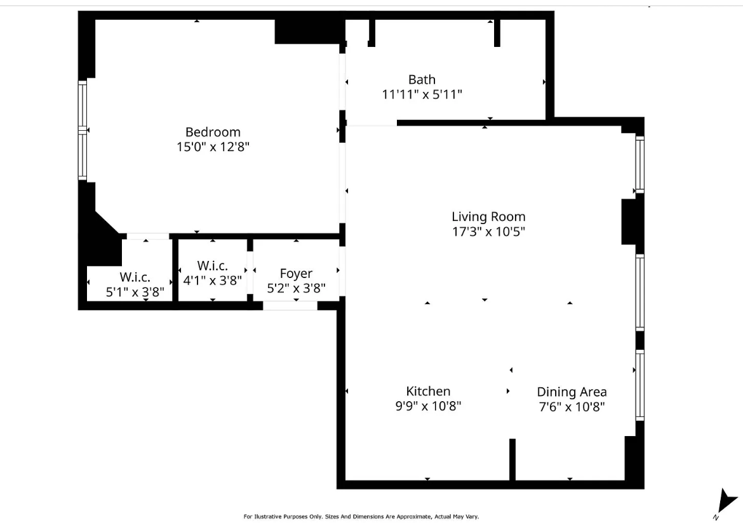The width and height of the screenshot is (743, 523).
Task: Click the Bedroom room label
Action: point(213,132)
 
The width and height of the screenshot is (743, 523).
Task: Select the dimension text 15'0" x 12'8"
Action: point(213,147)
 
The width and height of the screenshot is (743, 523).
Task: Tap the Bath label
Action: point(422,79)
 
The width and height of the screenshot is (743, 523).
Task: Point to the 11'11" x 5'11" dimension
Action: point(422,95)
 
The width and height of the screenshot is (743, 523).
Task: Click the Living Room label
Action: point(488,216)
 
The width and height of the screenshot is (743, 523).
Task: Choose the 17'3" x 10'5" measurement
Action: point(488,232)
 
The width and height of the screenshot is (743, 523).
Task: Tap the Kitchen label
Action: point(428,391)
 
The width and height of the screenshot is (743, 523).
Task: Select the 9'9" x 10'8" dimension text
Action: point(428,406)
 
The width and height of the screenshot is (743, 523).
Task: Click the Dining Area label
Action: point(572,392)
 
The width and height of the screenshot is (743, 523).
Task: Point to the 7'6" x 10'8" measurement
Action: point(572,407)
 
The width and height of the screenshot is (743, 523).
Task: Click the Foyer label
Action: point(296,274)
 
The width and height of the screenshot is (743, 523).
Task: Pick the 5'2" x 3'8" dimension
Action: point(296,288)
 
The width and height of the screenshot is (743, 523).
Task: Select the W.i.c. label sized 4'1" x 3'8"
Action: point(212,265)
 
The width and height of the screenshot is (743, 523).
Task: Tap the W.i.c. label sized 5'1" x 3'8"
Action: point(135,277)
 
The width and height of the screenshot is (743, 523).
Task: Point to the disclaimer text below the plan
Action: point(365,517)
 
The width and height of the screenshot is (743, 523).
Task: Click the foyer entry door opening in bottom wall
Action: point(290,306)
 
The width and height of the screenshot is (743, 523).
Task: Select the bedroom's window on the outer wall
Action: point(82,130)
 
